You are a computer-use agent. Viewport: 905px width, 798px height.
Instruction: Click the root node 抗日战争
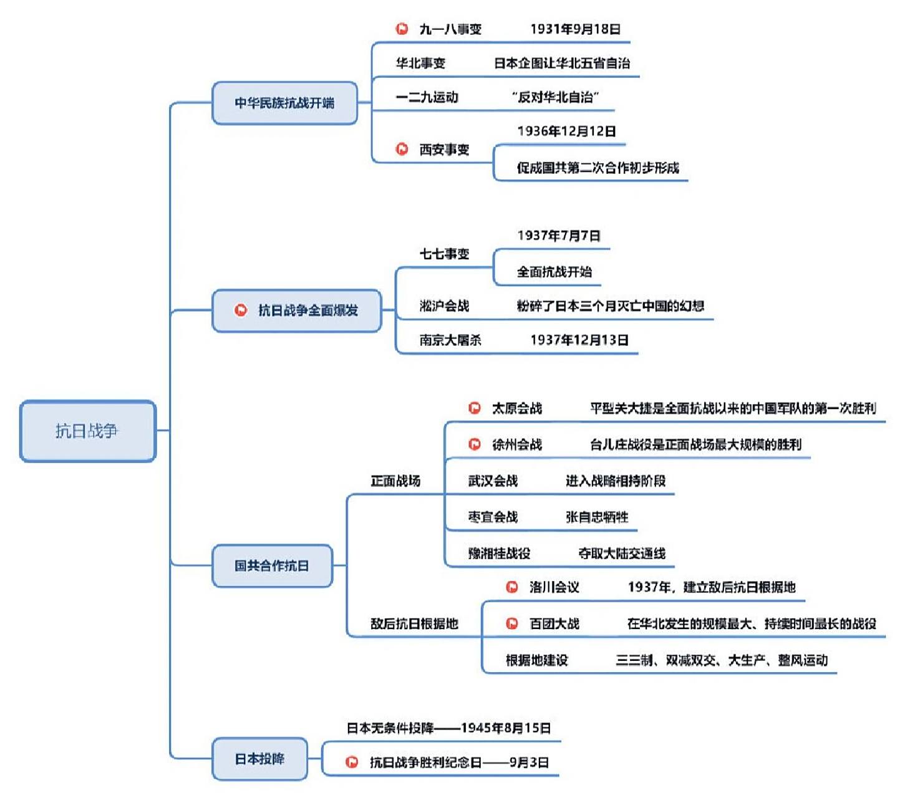coord(87,431)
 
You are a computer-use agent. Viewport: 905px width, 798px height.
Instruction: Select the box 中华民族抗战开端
coord(284,103)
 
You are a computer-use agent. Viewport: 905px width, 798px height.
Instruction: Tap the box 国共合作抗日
coord(272,565)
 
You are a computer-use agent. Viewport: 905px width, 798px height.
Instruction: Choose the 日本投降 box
coord(259,759)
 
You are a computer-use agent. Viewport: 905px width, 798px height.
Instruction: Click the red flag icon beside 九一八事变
coord(402,29)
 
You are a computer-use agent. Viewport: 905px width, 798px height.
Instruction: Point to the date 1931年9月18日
coord(575,29)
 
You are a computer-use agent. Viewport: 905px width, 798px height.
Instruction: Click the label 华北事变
coord(420,63)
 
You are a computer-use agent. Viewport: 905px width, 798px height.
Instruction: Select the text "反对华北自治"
coord(555,97)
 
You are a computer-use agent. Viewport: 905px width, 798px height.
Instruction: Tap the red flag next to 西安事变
coord(402,149)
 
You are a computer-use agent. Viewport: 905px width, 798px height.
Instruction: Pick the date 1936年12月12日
coord(566,131)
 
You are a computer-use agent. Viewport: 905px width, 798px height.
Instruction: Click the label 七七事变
coord(444,254)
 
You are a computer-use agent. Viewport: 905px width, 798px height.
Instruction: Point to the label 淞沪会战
coord(444,305)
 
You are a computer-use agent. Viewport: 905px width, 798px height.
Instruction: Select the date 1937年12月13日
coord(579,340)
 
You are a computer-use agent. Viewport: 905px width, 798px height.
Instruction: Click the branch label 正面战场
coord(395,481)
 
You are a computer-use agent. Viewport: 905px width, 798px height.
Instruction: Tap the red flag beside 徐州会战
coord(475,444)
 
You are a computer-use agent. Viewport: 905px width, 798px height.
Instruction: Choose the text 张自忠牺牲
coord(597,517)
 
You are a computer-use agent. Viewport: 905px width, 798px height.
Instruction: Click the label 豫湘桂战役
coord(499,553)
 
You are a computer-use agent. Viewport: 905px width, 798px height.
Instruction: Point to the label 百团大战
coord(554,623)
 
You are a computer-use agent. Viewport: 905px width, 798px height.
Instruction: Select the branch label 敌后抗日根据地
coord(414,623)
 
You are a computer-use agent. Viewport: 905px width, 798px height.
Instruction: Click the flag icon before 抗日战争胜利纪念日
coord(352,762)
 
